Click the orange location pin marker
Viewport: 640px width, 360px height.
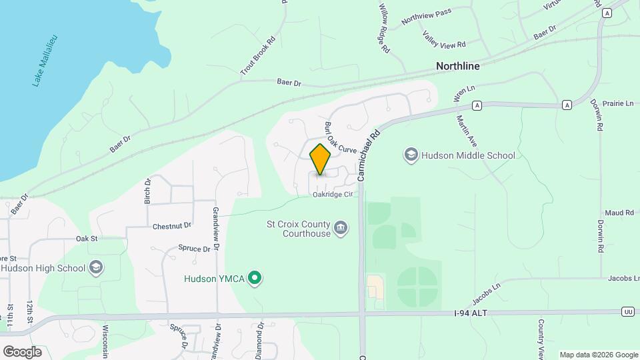point(321,159)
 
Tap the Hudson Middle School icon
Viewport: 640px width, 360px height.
point(411,155)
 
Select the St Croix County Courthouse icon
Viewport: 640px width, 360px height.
point(341,229)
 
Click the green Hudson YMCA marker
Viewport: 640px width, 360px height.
point(254,277)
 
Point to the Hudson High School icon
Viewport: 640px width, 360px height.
point(96,268)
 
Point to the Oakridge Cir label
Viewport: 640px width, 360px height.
point(332,195)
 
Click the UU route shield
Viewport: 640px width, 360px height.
point(627,311)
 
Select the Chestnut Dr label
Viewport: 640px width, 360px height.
point(171,225)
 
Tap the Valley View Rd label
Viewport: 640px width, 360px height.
point(443,39)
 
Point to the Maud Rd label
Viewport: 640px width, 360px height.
point(620,212)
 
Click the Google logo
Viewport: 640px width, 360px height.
point(22,351)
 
